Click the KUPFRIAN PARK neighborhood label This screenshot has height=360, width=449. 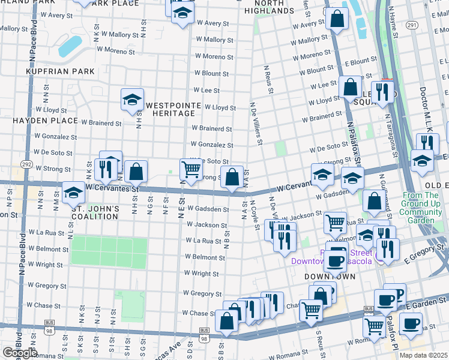[60, 71]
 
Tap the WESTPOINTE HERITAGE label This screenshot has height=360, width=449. [173, 109]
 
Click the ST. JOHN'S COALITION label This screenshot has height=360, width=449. [96, 213]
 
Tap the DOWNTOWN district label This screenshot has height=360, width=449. [330, 277]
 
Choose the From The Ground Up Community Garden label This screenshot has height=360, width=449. [422, 208]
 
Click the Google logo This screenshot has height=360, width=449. [19, 353]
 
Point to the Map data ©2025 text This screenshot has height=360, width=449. [423, 355]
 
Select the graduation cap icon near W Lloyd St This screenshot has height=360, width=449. [132, 99]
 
